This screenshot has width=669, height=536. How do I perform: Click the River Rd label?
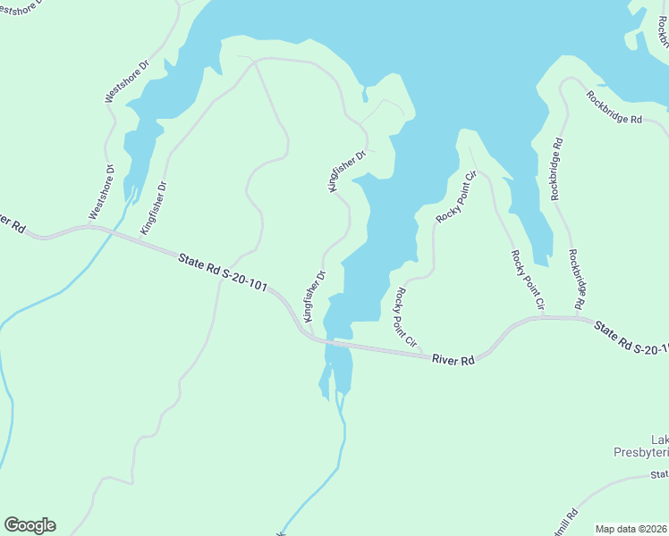(x=453, y=359)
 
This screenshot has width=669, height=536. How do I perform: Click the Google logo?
(x=30, y=525)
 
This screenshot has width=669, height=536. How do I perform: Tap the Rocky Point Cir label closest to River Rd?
(x=406, y=317)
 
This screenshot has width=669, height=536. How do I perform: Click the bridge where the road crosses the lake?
(x=338, y=343)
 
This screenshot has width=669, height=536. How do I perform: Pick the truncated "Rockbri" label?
(x=662, y=36)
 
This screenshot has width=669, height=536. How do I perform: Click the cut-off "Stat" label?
(x=659, y=474)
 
